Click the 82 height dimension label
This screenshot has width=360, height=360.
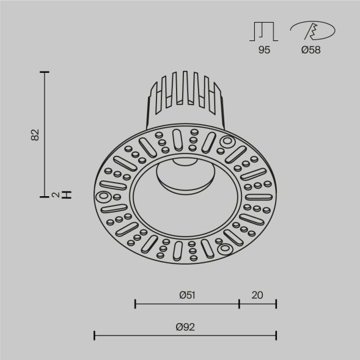35,134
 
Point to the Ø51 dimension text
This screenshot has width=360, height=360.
187,295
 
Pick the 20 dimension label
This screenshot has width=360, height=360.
257,295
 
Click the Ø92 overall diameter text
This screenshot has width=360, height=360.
185,327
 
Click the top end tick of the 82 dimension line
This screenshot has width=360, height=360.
44,72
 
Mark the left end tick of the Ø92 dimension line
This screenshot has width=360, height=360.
94,334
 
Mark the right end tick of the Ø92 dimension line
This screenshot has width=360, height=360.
276,334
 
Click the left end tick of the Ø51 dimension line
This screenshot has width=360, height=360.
135,303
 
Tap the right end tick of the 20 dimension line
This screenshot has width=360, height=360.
276,303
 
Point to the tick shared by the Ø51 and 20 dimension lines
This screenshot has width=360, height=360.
239,303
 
